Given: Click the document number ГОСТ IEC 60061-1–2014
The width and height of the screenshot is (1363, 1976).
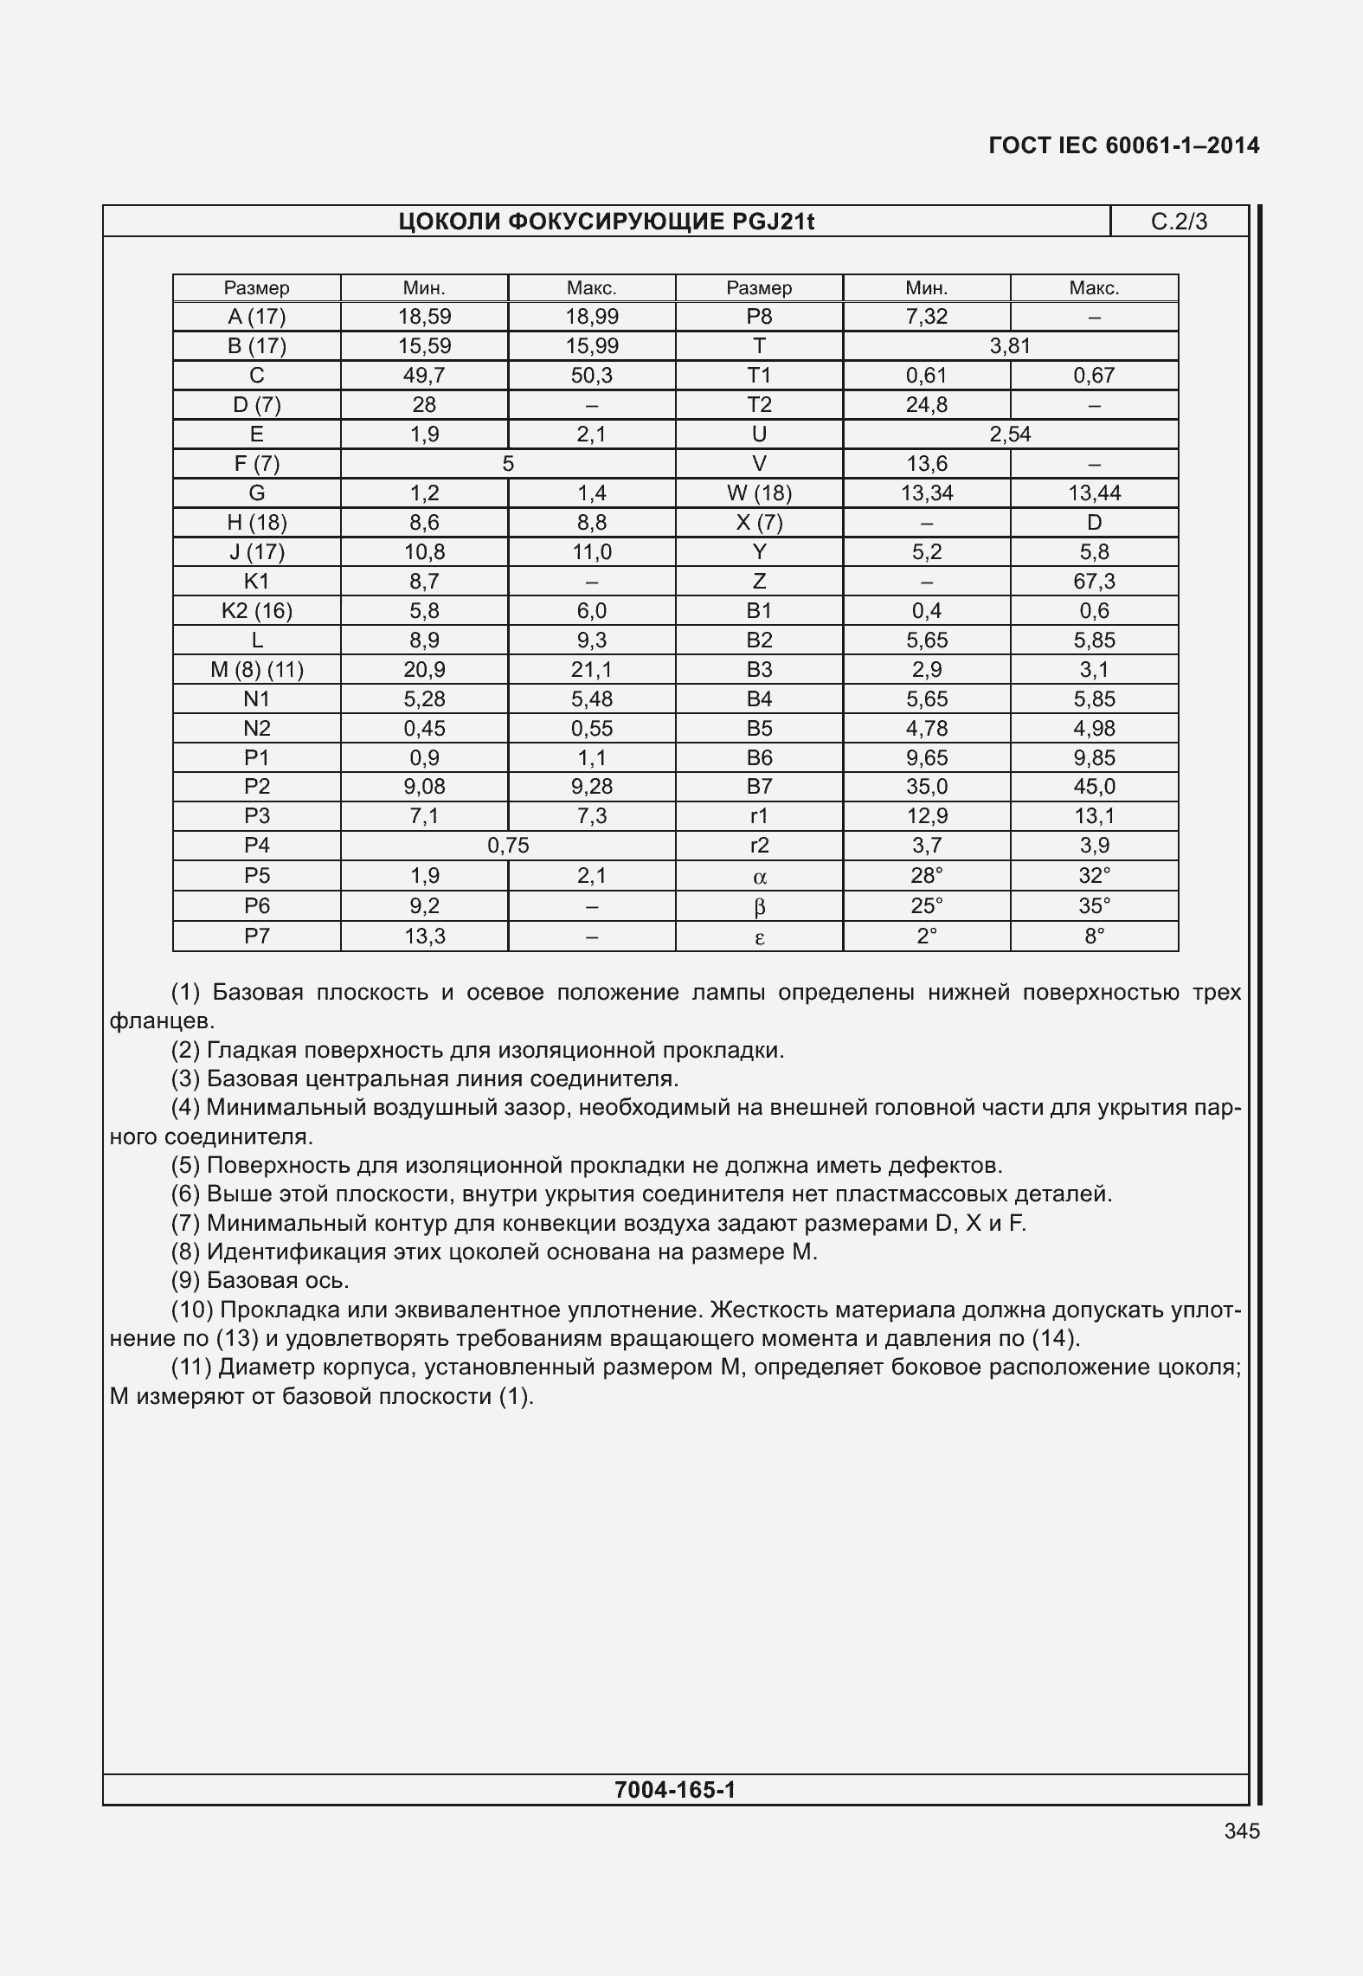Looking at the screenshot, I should [1123, 145].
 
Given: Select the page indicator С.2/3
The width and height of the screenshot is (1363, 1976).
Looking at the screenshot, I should [1178, 222].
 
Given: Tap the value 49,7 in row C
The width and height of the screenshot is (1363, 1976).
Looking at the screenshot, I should [424, 376].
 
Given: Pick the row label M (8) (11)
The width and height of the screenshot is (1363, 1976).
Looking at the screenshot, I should [256, 670].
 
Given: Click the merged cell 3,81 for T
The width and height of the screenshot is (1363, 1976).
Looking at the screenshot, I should [1010, 346].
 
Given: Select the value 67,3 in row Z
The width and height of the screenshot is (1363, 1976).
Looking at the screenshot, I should [1094, 582].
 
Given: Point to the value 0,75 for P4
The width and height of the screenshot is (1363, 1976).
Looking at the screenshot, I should [508, 846].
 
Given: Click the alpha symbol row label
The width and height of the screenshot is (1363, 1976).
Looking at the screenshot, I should [759, 877].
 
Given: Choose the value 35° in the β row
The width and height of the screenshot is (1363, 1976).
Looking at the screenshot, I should [1094, 906].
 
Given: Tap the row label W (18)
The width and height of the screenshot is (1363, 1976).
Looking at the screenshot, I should [759, 493].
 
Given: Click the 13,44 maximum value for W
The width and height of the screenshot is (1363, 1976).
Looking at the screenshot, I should [1094, 493].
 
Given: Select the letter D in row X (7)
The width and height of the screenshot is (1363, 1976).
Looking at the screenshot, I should [1094, 523].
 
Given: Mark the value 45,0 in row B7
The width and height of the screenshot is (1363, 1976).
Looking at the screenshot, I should [1094, 787].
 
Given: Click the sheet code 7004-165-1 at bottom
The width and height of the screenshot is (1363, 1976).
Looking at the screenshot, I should [675, 1790].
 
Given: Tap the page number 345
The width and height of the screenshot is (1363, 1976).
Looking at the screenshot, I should [1242, 1831].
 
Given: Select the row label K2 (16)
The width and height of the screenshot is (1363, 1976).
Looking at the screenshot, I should [256, 611].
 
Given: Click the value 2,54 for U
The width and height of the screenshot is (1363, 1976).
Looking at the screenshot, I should [1010, 434].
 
